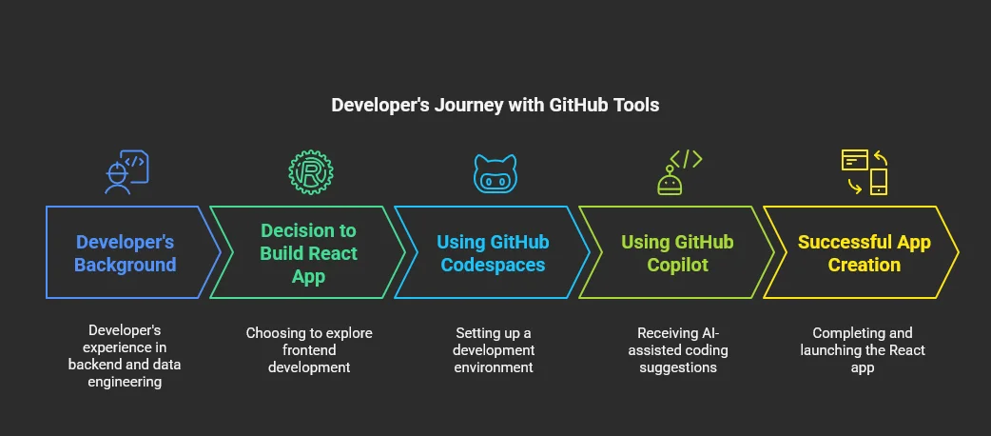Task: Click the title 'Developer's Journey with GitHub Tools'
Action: [495, 105]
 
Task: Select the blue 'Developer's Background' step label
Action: [126, 253]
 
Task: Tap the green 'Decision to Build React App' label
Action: [309, 253]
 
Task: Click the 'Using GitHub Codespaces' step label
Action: [493, 253]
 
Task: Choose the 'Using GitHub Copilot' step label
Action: [677, 253]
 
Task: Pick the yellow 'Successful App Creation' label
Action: [864, 253]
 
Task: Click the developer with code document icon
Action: [126, 172]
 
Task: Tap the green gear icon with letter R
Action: [310, 172]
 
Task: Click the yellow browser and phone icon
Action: [864, 172]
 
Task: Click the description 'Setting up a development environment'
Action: [493, 350]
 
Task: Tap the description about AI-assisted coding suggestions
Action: [677, 350]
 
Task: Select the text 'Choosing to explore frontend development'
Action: [309, 350]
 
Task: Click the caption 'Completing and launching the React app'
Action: [863, 350]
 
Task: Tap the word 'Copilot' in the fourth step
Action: [677, 265]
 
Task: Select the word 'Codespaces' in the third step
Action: [493, 265]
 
